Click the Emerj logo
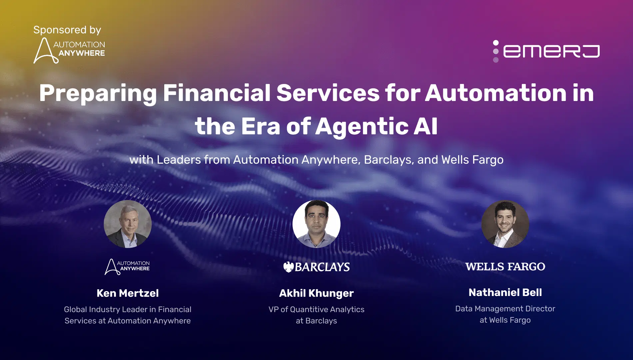(x=546, y=51)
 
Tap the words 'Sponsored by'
(x=67, y=30)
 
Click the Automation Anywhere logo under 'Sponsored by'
(x=69, y=50)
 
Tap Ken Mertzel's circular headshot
(x=128, y=224)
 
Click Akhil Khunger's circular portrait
(x=316, y=224)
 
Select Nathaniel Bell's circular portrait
(x=505, y=224)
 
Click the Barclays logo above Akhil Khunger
(x=316, y=267)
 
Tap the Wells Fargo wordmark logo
(x=505, y=267)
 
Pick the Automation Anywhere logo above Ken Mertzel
(x=127, y=267)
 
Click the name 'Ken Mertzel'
(x=128, y=293)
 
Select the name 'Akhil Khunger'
(x=316, y=293)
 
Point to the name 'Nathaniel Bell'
(x=505, y=293)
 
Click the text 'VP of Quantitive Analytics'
(x=316, y=309)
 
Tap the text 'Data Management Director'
(x=505, y=309)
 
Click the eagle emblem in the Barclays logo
(x=288, y=267)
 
